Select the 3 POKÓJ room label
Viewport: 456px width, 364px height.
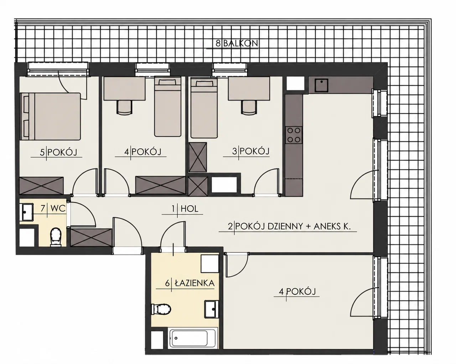[251, 151]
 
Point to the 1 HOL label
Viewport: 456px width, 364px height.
[185, 209]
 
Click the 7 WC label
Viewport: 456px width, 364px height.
[53, 208]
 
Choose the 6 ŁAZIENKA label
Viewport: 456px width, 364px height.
[190, 283]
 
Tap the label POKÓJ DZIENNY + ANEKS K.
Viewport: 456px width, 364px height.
[293, 226]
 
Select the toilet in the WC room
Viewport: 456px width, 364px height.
[56, 237]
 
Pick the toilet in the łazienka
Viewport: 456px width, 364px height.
[161, 309]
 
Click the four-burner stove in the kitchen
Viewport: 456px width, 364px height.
[294, 135]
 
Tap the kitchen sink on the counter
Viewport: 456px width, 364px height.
[321, 85]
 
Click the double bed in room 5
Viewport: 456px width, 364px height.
[51, 116]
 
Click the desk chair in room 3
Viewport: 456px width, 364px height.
[249, 107]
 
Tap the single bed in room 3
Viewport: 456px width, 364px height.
[204, 108]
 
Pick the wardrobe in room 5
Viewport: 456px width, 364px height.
[41, 186]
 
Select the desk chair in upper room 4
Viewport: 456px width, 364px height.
[124, 107]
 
